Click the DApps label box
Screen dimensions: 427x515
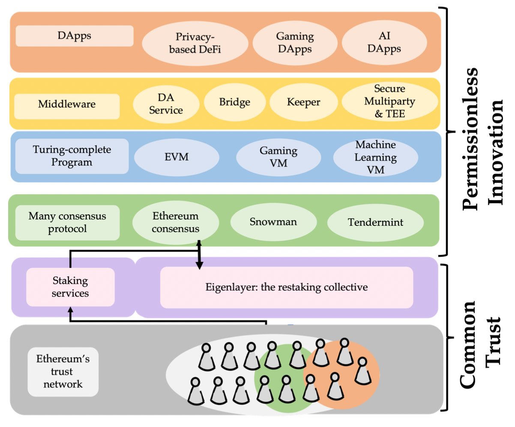pyautogui.click(x=75, y=36)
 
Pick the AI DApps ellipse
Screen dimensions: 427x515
pyautogui.click(x=384, y=42)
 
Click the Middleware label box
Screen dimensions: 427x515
pyautogui.click(x=67, y=104)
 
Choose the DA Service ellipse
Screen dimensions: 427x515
pyautogui.click(x=166, y=104)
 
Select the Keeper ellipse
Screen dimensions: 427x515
pyautogui.click(x=303, y=102)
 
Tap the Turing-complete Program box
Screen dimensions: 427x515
pyautogui.click(x=72, y=156)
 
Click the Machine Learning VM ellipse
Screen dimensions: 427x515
pyautogui.click(x=375, y=157)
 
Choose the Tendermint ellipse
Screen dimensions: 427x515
pyautogui.click(x=375, y=222)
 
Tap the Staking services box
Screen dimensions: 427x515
pyautogui.click(x=71, y=287)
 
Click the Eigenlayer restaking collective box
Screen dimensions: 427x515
pyautogui.click(x=286, y=287)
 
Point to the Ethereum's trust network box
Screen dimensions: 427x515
pyautogui.click(x=63, y=371)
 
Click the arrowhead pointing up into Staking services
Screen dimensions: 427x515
pyautogui.click(x=71, y=309)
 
